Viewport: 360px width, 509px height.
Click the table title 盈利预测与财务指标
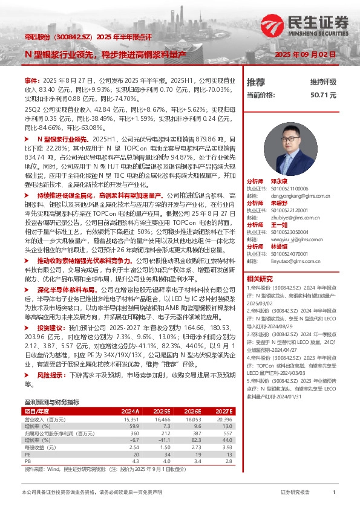click(51, 401)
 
